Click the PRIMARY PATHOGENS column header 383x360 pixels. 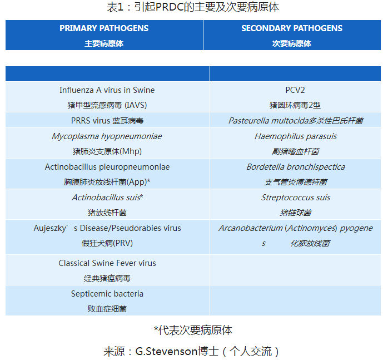pos(104,28)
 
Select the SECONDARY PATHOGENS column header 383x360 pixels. pos(292,28)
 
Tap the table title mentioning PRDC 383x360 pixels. pos(193,7)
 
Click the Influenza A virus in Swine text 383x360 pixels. pos(107,90)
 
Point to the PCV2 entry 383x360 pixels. pos(295,90)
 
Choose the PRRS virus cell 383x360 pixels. pos(107,121)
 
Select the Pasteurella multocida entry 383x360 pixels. pos(296,121)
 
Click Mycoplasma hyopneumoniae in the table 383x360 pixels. pos(107,136)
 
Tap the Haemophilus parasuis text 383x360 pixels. pos(296,136)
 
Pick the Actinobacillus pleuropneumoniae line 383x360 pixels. pos(107,167)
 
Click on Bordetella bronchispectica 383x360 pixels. pos(296,167)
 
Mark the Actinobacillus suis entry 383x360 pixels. pos(107,198)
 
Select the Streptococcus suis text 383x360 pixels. pos(296,198)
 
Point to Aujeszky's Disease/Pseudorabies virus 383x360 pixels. pos(107,228)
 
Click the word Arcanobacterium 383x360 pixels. pos(251,228)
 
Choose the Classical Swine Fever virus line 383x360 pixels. pos(107,263)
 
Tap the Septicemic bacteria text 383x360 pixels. pos(107,294)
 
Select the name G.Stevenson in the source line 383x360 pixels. pos(166,352)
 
